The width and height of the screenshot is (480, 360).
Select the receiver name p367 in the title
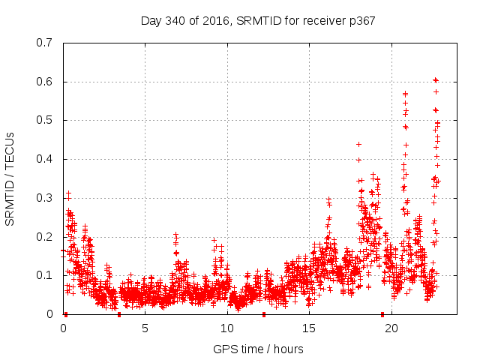pos(359,20)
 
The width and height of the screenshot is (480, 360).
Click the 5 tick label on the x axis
pos(145,328)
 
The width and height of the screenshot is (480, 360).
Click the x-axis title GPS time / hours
pos(258,349)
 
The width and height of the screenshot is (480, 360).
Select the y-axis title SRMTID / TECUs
pos(10,178)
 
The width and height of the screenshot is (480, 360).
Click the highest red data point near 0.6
pos(435,80)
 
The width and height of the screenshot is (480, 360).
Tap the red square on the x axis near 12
pos(263,314)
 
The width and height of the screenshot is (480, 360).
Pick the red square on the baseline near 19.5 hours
pos(382,314)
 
